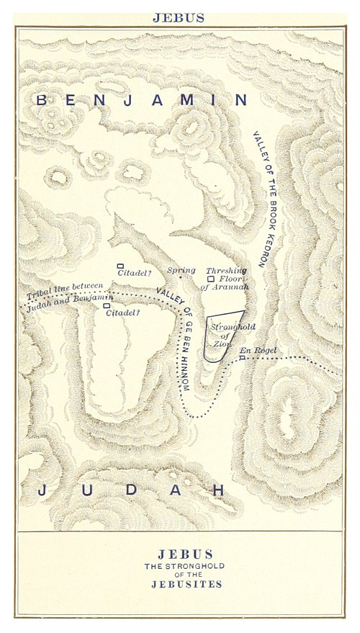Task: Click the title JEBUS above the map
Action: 179,18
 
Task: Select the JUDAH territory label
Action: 130,491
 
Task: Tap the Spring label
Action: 181,271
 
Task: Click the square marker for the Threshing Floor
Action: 210,279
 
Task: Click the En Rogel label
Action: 257,350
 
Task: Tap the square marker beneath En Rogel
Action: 243,357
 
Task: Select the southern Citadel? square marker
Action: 107,306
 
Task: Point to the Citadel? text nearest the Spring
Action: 135,273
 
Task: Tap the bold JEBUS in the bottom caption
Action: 185,555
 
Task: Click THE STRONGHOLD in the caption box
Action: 185,566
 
